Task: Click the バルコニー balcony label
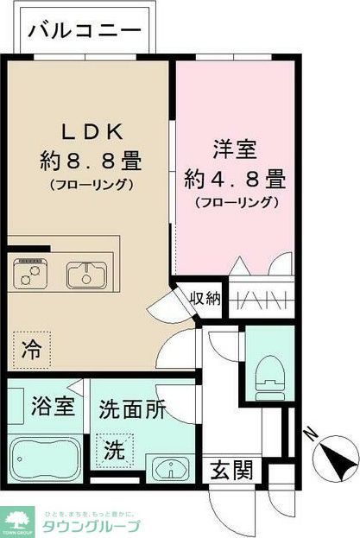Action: point(84,32)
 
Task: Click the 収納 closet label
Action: point(206,299)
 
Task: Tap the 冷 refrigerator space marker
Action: point(31,350)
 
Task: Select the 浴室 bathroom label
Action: point(45,405)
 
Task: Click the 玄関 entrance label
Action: point(232,471)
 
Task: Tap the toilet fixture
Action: point(271,372)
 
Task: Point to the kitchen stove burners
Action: point(31,275)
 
